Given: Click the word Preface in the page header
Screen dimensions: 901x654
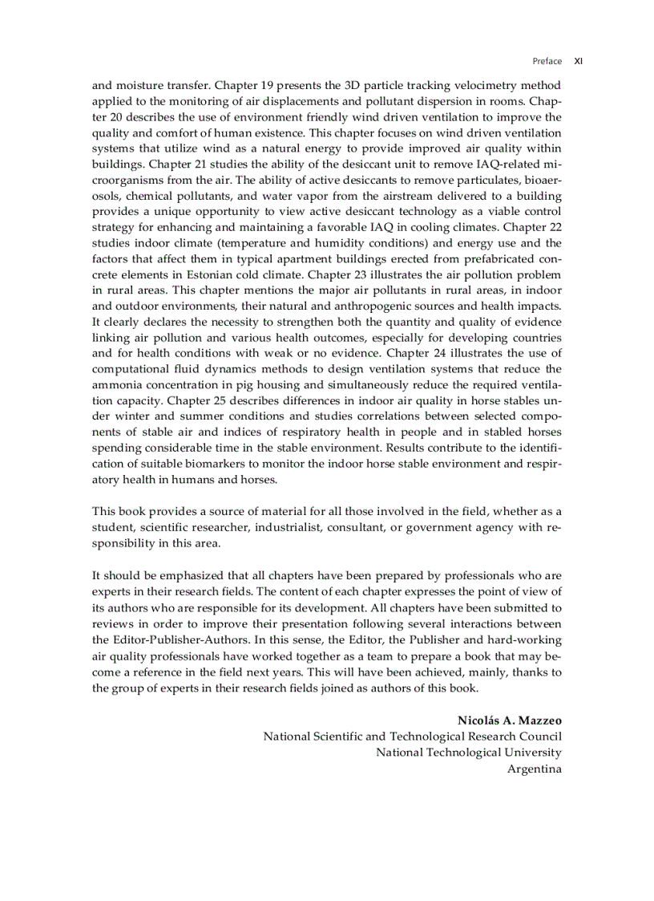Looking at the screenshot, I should click(547, 61).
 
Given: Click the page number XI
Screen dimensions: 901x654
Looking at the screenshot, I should click(578, 61).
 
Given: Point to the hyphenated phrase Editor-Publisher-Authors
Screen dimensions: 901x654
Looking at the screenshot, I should click(181, 639).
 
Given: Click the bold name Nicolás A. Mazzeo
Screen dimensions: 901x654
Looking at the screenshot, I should click(509, 720).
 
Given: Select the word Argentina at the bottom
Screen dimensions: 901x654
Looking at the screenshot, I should click(534, 769).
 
